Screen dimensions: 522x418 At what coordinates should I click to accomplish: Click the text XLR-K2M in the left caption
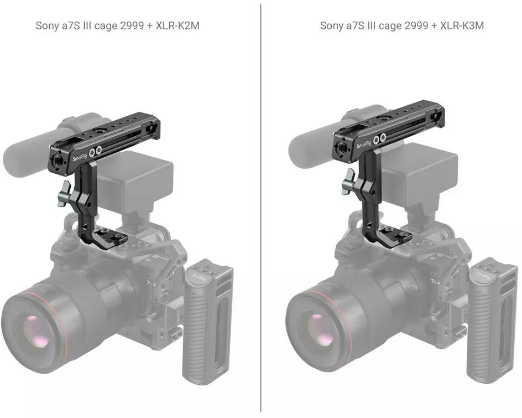178,25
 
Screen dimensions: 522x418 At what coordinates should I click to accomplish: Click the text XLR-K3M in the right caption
462,25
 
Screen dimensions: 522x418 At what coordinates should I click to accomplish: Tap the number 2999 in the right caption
416,25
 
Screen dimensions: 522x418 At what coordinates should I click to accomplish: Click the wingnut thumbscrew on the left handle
64,194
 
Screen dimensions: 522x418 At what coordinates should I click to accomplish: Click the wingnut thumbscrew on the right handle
348,182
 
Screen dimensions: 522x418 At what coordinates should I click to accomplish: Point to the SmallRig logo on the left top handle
80,156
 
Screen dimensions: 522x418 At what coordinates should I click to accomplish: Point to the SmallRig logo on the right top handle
364,144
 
